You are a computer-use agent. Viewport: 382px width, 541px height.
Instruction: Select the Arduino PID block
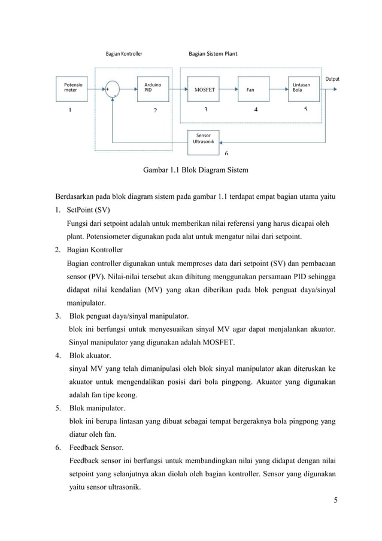pos(154,87)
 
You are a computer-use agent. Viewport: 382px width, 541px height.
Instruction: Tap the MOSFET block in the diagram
pos(205,88)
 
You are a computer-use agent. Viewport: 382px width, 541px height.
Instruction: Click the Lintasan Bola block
pos(304,87)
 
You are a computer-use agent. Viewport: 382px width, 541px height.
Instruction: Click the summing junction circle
pos(113,88)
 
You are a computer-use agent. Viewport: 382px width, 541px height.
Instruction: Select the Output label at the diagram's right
pos(332,79)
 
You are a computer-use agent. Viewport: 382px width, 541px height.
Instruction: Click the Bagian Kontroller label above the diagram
pos(124,54)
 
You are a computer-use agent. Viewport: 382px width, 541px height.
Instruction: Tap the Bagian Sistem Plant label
pos(213,54)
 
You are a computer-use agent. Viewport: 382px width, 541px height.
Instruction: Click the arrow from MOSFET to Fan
pos(230,88)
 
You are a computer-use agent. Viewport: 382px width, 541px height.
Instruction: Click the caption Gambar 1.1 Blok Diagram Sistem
pos(195,171)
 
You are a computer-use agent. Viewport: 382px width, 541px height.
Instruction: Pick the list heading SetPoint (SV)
pos(89,211)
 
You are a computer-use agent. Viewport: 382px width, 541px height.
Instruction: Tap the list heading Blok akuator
pos(90,355)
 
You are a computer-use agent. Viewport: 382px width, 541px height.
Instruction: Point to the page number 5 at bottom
pos(336,501)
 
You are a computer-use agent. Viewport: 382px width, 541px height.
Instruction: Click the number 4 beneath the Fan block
pos(256,110)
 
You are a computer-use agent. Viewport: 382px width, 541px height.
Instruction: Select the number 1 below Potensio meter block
pos(70,110)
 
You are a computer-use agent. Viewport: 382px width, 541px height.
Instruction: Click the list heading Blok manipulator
pos(96,408)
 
